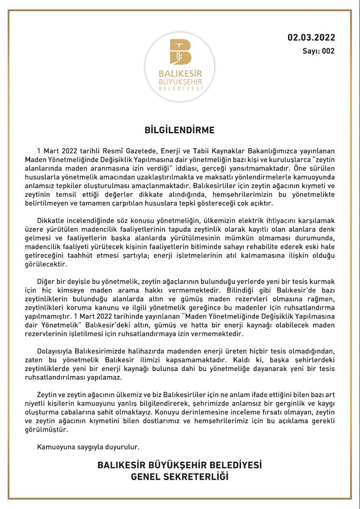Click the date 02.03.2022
pyautogui.click(x=311, y=38)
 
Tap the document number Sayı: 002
pyautogui.click(x=318, y=51)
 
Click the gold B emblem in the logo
pyautogui.click(x=180, y=52)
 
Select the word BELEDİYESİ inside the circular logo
pyautogui.click(x=180, y=89)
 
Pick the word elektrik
pyautogui.click(x=237, y=221)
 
